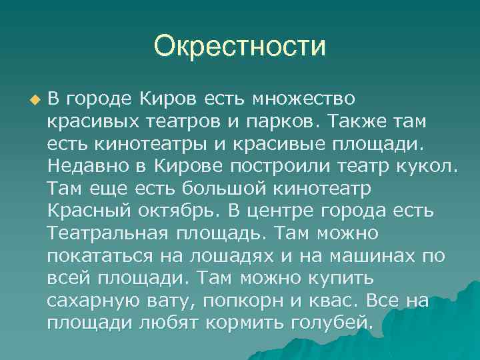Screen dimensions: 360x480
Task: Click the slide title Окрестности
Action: point(239,47)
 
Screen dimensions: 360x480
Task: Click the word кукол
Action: point(429,166)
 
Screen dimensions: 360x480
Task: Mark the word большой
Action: point(211,189)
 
